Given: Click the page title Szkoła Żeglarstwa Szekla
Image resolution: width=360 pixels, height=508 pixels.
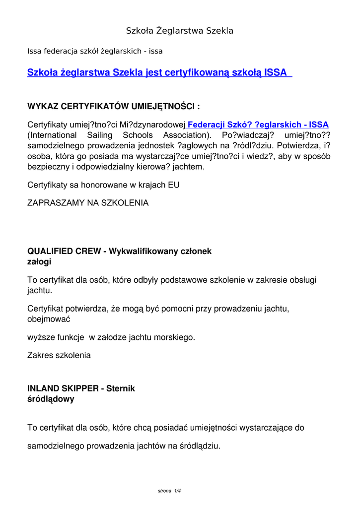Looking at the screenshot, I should (x=180, y=31).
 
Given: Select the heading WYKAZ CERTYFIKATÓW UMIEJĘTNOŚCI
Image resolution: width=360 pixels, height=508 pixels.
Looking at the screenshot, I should (x=114, y=106).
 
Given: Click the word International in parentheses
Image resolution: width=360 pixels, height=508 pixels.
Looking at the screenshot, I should (x=52, y=135).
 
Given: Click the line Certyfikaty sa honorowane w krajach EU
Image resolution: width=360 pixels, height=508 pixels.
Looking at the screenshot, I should (x=103, y=185).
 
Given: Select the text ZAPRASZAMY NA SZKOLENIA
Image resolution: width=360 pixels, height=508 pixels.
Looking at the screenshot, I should (x=87, y=203).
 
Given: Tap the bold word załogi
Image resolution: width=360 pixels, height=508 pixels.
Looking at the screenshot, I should (x=39, y=261).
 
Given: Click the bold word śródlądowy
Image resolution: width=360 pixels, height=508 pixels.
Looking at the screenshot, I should (x=51, y=398).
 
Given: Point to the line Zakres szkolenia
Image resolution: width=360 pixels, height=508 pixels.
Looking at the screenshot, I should (x=59, y=355).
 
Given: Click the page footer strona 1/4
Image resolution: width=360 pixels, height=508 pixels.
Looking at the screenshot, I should (x=169, y=491).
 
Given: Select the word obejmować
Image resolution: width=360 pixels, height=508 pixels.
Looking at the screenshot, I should (x=49, y=319).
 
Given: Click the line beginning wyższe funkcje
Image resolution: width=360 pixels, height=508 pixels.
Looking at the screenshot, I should (x=111, y=337).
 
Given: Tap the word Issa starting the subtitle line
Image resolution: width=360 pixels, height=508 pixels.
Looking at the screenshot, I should (x=34, y=51).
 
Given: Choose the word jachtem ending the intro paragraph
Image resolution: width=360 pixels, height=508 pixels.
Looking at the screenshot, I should (x=187, y=167).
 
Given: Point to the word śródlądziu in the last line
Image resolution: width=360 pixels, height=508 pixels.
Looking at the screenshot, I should (x=199, y=445).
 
